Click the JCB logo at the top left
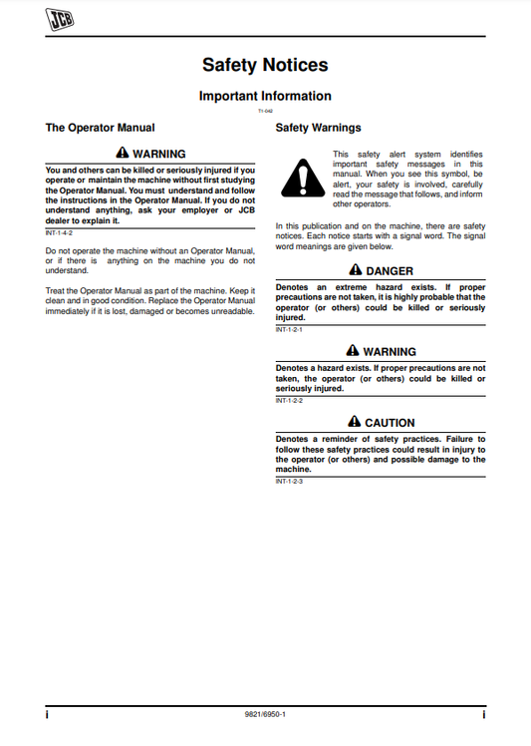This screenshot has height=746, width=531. (x=61, y=18)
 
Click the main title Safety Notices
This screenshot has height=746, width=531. (x=265, y=65)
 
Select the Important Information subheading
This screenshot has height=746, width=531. (x=265, y=96)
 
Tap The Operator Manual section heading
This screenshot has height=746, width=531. (x=101, y=128)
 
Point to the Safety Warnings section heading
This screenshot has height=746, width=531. (x=318, y=128)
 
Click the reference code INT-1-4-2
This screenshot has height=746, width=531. (x=60, y=231)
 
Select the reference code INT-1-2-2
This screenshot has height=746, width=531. (x=289, y=400)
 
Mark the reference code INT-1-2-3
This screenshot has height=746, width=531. (x=289, y=482)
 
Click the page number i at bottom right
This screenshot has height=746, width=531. (x=483, y=715)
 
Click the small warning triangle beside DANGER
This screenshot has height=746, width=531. (x=356, y=270)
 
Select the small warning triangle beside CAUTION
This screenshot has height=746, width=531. (x=354, y=422)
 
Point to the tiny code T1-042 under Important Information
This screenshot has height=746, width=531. (x=265, y=111)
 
